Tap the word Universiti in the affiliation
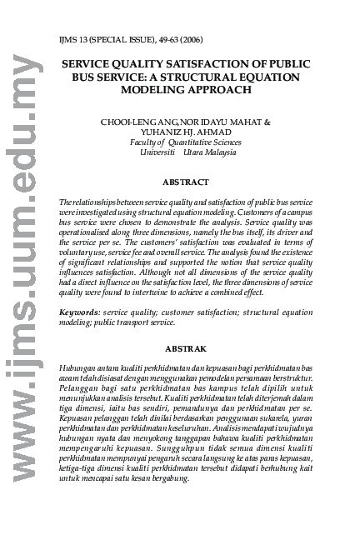coord(157,152)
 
